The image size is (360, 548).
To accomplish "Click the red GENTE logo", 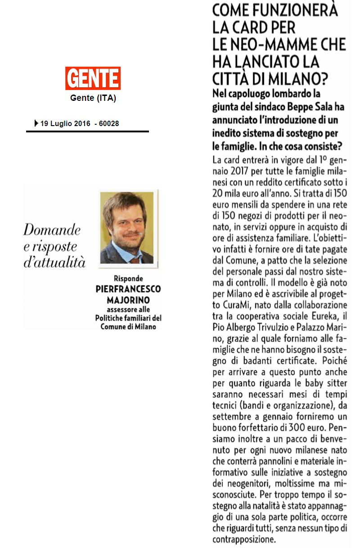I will coord(93,78).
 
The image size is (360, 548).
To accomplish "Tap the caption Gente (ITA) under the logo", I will coord(93,98).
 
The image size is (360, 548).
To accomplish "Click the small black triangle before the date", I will coord(36,123).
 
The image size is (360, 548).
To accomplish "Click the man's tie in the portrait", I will coord(134,260).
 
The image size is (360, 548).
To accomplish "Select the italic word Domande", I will coord(52,230).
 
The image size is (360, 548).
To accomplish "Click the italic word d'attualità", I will coord(54,263).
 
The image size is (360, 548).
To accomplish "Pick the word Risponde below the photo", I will coord(128,279).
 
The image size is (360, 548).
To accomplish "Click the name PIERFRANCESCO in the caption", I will coord(128,290).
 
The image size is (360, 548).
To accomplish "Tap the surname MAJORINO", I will coord(128,300).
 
